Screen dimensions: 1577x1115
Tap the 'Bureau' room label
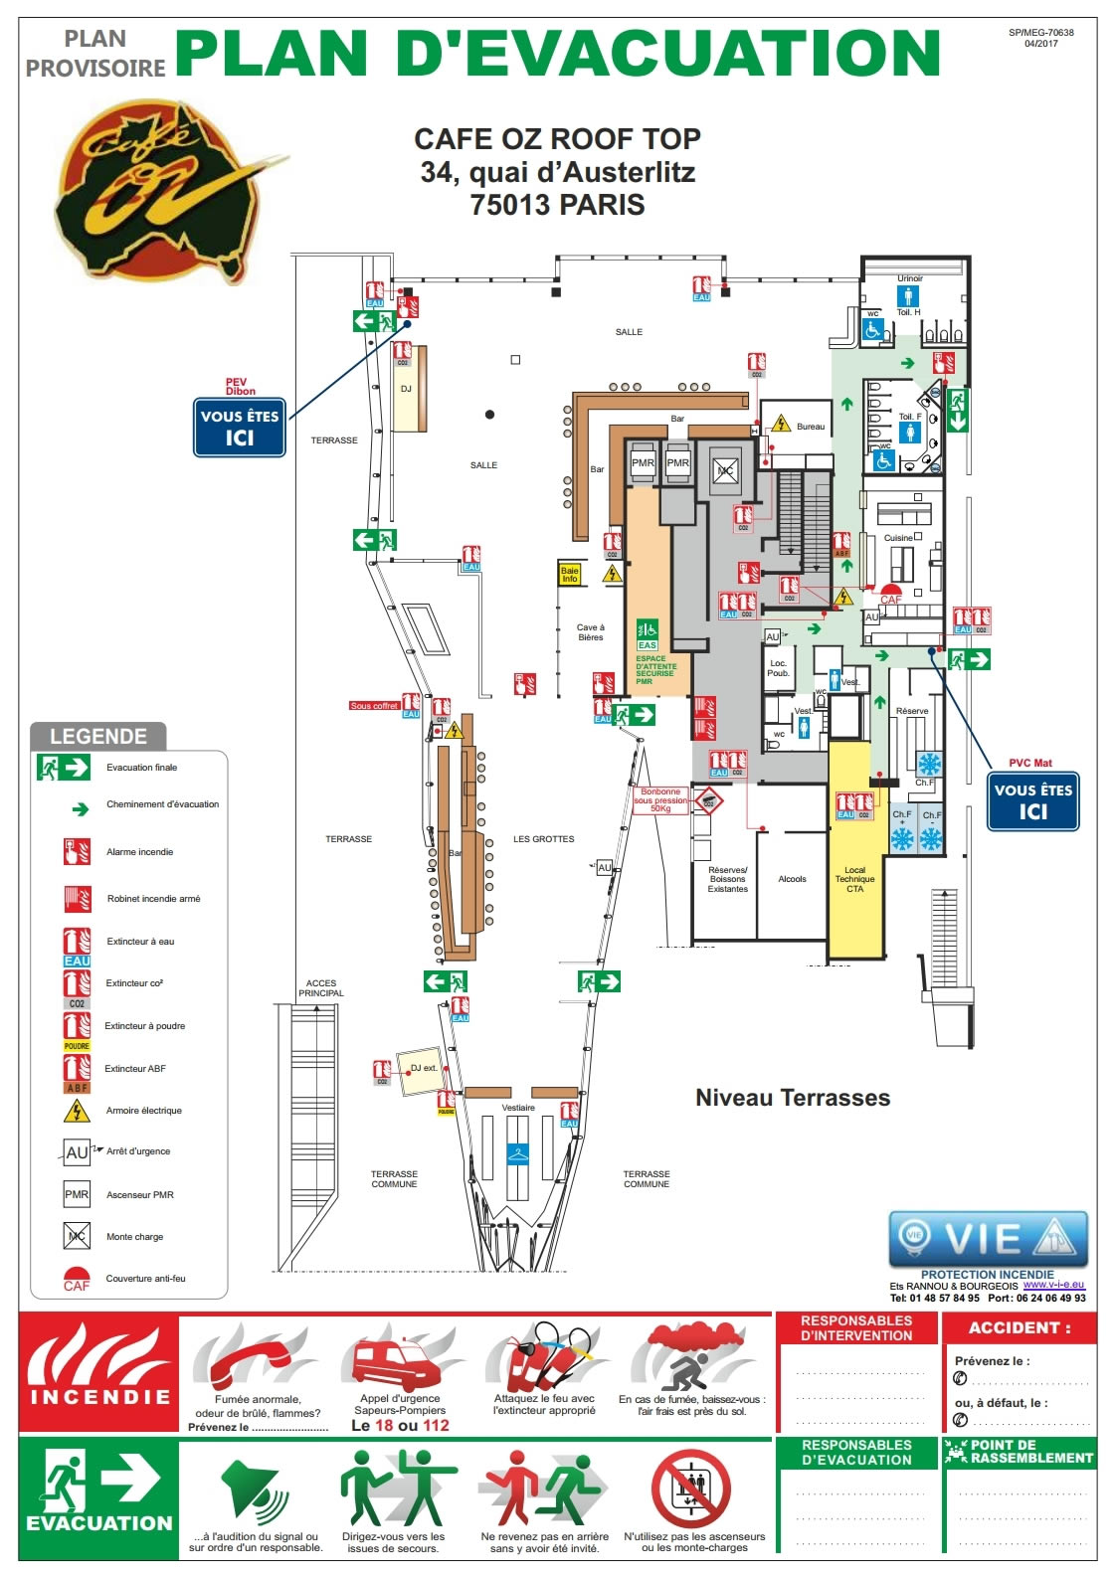(810, 427)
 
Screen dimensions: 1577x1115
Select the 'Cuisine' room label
(898, 538)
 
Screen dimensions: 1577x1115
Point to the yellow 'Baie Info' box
(570, 575)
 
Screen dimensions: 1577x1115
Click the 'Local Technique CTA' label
(854, 879)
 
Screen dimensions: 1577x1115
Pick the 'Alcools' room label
(792, 879)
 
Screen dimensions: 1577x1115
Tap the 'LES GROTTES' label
(543, 839)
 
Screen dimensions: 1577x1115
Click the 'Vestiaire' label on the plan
(518, 1108)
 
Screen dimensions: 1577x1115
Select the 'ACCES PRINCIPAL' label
(320, 988)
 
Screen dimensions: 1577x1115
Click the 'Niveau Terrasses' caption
(792, 1098)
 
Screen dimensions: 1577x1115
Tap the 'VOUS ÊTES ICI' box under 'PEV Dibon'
(240, 428)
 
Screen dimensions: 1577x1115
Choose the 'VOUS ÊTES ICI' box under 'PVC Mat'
(1032, 801)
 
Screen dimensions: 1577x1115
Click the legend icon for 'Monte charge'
(77, 1236)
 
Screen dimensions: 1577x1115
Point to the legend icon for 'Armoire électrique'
(77, 1111)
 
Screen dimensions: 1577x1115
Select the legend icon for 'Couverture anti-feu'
(77, 1279)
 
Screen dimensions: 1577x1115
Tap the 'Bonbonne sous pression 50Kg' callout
(660, 800)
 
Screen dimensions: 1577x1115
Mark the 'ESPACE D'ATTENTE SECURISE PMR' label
(656, 669)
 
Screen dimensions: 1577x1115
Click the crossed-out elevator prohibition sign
(690, 1489)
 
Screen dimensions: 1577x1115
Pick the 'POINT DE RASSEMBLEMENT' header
(1021, 1452)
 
